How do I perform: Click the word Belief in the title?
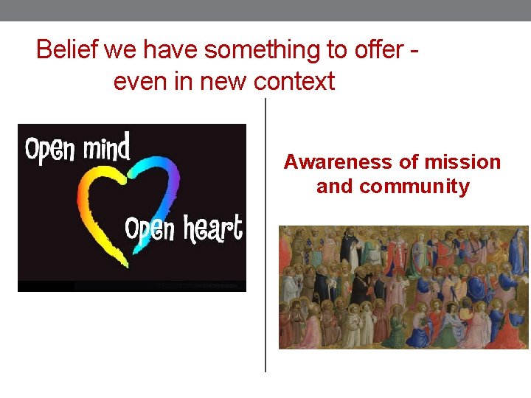coord(68,50)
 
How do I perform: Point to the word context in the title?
coord(294,81)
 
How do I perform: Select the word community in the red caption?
coord(414,186)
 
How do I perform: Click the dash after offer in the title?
coord(415,52)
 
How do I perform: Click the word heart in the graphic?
coord(213,229)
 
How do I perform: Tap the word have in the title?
coord(171,50)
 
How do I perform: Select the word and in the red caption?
coord(336,186)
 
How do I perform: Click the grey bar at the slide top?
coord(265,10)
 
